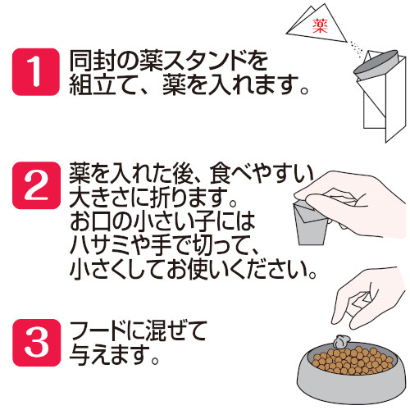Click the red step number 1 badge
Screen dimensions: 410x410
tap(36, 72)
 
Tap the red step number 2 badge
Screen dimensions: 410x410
tap(36, 185)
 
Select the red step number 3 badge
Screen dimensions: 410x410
tap(36, 343)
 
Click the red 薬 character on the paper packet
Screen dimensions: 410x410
tap(320, 26)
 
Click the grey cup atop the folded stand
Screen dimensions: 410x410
tap(376, 65)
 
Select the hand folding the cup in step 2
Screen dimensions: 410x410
tap(355, 203)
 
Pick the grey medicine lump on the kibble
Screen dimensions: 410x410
tap(341, 342)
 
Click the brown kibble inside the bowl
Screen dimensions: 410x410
tap(353, 360)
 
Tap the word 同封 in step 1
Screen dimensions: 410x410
tap(93, 61)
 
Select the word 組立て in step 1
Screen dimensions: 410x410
tap(103, 85)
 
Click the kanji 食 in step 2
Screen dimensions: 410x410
tap(221, 173)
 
